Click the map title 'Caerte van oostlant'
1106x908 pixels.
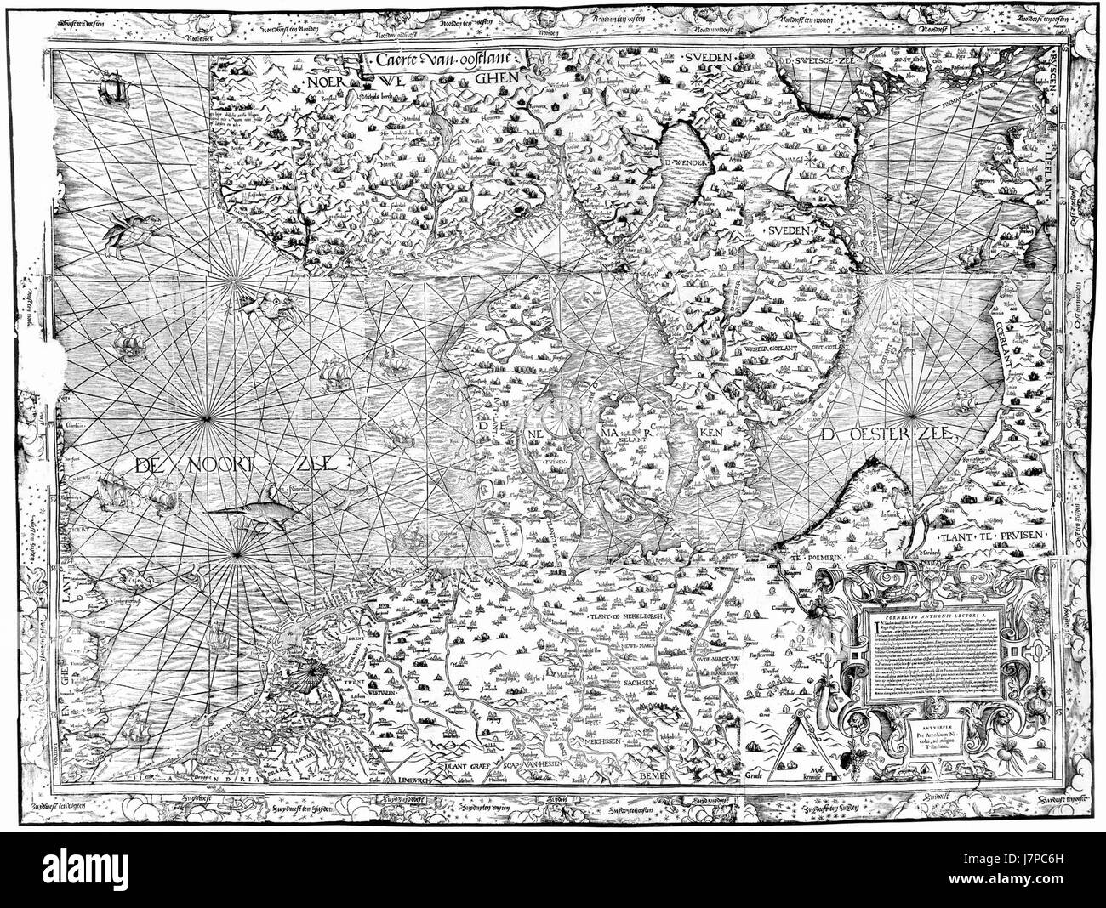coord(447,60)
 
